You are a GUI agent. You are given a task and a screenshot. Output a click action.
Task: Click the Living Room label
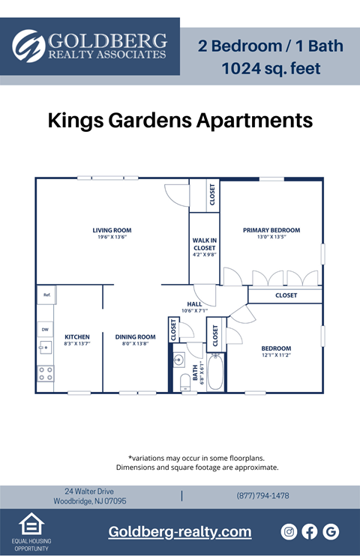tap(112, 230)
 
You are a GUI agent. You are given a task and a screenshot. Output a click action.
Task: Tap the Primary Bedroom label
tap(271, 230)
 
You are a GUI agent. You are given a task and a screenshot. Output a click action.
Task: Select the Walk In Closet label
tap(204, 244)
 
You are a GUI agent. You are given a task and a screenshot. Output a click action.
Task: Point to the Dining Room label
tap(135, 336)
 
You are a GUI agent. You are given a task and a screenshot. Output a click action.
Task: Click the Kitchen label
tap(76, 336)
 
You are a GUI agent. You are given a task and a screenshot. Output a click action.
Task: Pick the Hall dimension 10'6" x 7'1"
tap(193, 310)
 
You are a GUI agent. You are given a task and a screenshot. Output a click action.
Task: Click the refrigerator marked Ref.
tap(46, 294)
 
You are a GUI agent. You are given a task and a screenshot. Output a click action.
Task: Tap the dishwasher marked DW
tap(45, 329)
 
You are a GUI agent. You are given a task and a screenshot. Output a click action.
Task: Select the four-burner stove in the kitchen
tap(45, 372)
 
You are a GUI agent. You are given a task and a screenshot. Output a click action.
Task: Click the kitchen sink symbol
tap(45, 347)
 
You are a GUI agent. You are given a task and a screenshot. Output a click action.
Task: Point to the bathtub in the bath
tap(215, 372)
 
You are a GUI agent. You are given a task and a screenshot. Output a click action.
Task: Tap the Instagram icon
tap(289, 531)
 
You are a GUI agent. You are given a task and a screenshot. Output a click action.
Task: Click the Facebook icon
tap(310, 531)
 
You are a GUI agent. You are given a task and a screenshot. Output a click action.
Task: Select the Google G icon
tap(331, 531)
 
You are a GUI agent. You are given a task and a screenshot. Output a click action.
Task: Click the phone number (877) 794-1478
tap(262, 495)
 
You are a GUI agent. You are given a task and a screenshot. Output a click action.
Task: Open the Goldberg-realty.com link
tap(180, 531)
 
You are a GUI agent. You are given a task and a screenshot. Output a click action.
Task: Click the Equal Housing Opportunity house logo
tap(31, 524)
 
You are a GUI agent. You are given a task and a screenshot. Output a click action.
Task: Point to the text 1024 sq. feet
tap(271, 69)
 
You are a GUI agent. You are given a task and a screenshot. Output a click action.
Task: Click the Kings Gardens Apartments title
tap(180, 120)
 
